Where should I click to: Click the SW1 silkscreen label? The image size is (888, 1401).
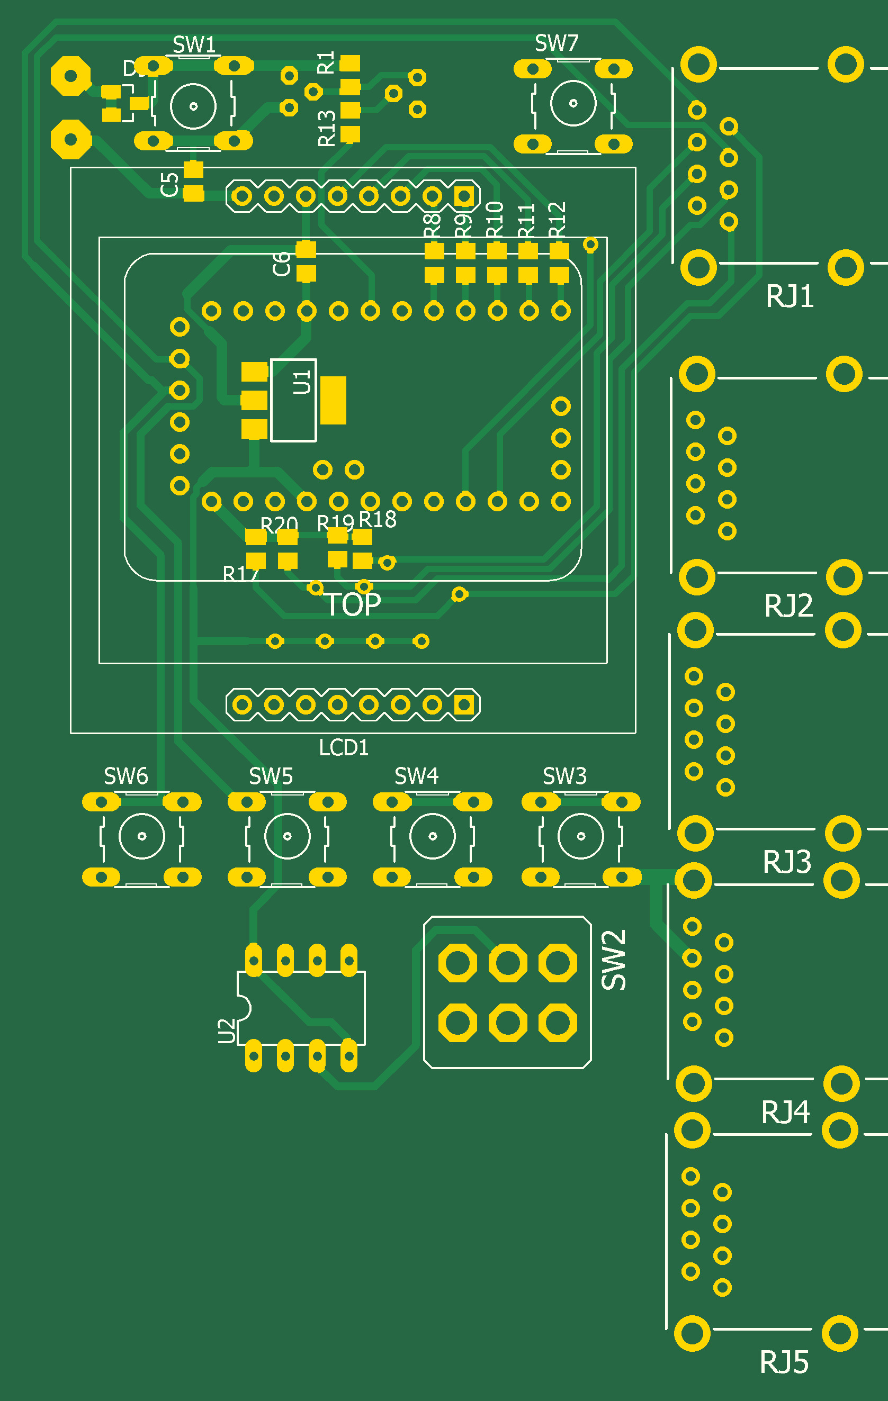194,45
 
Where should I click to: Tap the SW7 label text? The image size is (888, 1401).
557,43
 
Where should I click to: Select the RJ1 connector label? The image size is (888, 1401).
789,296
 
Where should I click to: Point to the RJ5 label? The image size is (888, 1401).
784,1362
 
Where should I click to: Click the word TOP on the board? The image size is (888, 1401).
353,605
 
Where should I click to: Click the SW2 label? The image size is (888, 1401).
614,960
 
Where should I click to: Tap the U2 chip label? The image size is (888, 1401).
226,1031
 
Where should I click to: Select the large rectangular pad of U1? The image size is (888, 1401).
333,400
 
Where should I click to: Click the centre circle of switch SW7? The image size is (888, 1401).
573,104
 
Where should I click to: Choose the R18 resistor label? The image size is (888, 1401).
378,520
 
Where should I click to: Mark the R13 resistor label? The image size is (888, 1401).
327,128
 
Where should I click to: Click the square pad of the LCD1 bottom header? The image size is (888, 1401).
464,705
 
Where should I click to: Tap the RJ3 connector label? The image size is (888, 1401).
787,862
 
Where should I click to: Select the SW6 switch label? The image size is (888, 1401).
125,776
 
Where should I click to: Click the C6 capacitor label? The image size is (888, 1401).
282,264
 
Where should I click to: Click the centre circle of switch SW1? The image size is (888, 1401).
193,106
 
